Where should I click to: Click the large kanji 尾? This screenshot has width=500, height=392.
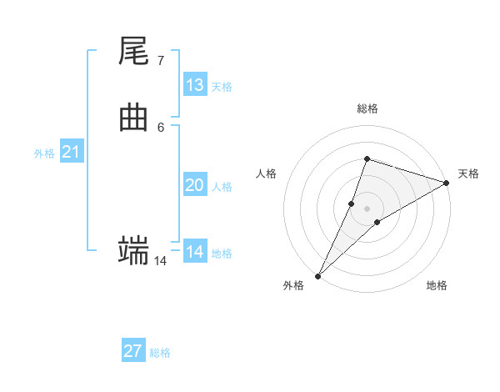134,52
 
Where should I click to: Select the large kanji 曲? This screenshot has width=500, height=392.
134,118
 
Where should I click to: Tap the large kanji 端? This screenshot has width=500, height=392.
134,250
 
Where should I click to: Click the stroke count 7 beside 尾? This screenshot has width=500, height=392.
160,61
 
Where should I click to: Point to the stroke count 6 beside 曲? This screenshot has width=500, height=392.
160,128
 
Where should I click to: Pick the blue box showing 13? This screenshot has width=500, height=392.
195,85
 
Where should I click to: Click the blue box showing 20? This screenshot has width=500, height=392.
195,185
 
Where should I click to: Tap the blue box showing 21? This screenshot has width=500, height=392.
71,152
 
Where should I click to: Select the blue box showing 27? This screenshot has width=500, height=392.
133,351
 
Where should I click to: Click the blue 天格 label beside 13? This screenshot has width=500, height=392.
222,87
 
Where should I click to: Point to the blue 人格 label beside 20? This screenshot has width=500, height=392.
222,187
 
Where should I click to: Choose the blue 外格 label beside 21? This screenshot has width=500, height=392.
44,153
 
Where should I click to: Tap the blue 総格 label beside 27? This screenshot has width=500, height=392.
160,353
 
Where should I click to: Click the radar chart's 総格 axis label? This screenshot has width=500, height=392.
367,108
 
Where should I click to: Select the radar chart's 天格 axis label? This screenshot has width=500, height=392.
468,173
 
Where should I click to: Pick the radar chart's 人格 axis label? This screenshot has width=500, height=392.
266,173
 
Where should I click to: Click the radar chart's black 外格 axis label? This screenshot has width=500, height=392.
293,285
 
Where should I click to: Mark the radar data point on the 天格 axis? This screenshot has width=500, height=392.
446,183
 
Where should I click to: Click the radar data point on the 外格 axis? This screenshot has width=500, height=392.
317,276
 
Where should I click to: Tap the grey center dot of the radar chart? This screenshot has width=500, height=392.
367,209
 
